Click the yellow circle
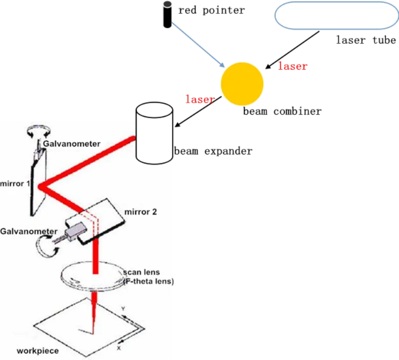(x=242, y=84)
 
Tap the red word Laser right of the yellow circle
(x=293, y=66)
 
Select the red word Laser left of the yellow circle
(x=199, y=98)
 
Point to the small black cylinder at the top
(x=166, y=15)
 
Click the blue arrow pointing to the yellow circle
(x=197, y=45)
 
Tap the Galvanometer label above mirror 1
(x=71, y=144)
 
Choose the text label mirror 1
(x=15, y=184)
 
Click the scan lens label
(x=141, y=273)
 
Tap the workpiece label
(x=37, y=351)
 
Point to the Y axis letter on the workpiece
(x=123, y=310)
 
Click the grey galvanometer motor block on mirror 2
(x=76, y=231)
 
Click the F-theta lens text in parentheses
(x=150, y=282)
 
